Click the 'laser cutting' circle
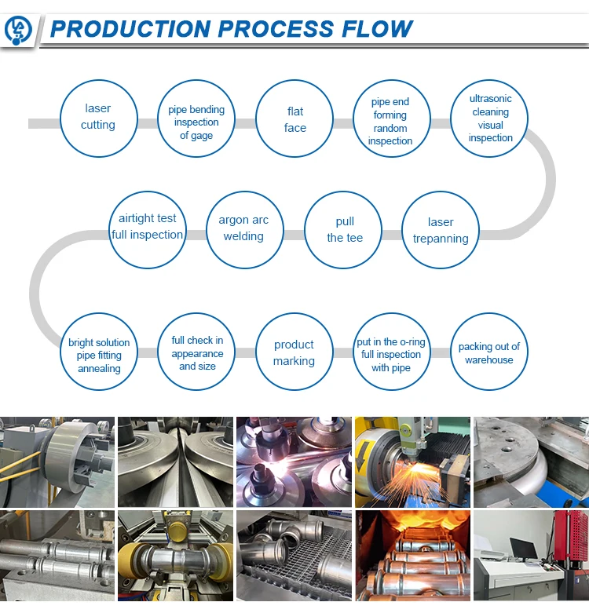(x=98, y=117)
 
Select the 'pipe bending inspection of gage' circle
(x=196, y=122)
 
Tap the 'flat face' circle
(x=295, y=120)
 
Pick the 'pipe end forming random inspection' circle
(x=390, y=122)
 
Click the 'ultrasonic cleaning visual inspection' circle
(x=490, y=119)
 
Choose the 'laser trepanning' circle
(x=441, y=231)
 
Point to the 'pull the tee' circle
(x=344, y=230)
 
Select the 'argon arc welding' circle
(x=243, y=228)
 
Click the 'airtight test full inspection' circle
(x=148, y=227)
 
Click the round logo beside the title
(x=18, y=30)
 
